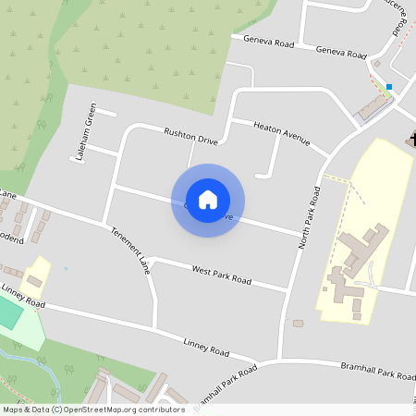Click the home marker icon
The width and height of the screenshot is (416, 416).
[208, 200]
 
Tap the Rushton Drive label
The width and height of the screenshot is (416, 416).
[190, 137]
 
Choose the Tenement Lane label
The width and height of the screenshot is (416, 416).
[129, 251]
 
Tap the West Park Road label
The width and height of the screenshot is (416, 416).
[221, 274]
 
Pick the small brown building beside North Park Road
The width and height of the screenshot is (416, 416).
[298, 324]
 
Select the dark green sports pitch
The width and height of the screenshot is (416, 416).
[8, 313]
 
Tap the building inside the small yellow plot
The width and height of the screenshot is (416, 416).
[34, 280]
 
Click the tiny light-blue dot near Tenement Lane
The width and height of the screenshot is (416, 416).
[66, 268]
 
